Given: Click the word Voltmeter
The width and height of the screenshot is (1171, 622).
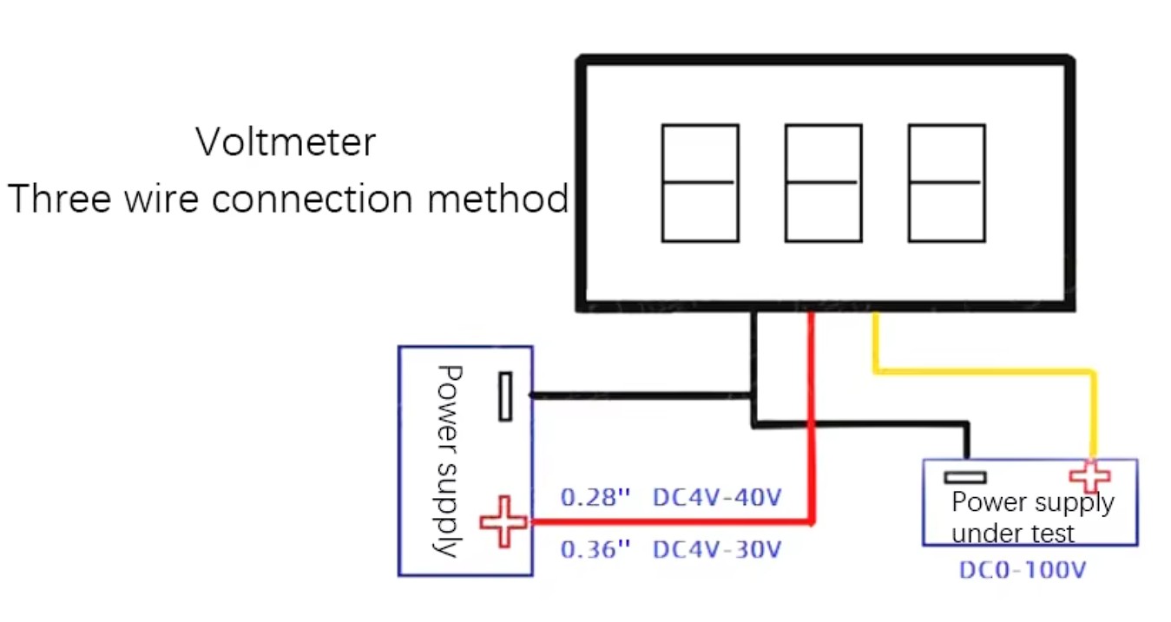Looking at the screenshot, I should (x=286, y=142).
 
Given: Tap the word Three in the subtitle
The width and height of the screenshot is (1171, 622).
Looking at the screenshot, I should (x=60, y=200).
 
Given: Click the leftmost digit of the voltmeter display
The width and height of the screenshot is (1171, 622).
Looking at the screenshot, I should (x=700, y=182).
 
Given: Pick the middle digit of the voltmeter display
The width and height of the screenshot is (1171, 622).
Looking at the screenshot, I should (x=823, y=182).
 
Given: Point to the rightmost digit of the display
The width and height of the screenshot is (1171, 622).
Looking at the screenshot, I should (x=946, y=182).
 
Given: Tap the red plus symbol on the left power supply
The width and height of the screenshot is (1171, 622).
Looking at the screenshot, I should (x=503, y=521).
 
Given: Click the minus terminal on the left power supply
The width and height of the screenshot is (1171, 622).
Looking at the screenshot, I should (x=505, y=396).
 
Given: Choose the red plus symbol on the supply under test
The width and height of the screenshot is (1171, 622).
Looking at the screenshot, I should (x=1089, y=476).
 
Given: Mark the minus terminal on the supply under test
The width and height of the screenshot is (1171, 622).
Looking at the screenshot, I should (x=965, y=476).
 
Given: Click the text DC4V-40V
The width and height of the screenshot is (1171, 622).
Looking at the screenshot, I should (x=717, y=498).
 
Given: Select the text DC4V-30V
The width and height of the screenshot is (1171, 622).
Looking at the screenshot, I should (x=717, y=550).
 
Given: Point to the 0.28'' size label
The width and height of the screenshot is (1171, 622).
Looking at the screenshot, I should (x=595, y=498).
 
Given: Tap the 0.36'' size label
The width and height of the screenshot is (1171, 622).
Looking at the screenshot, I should (x=595, y=550).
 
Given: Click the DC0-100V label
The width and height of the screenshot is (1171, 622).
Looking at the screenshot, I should (x=1023, y=571).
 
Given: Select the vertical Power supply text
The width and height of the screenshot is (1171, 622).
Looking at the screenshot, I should (x=448, y=460).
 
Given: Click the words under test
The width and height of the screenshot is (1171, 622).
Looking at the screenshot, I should (x=1013, y=532).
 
